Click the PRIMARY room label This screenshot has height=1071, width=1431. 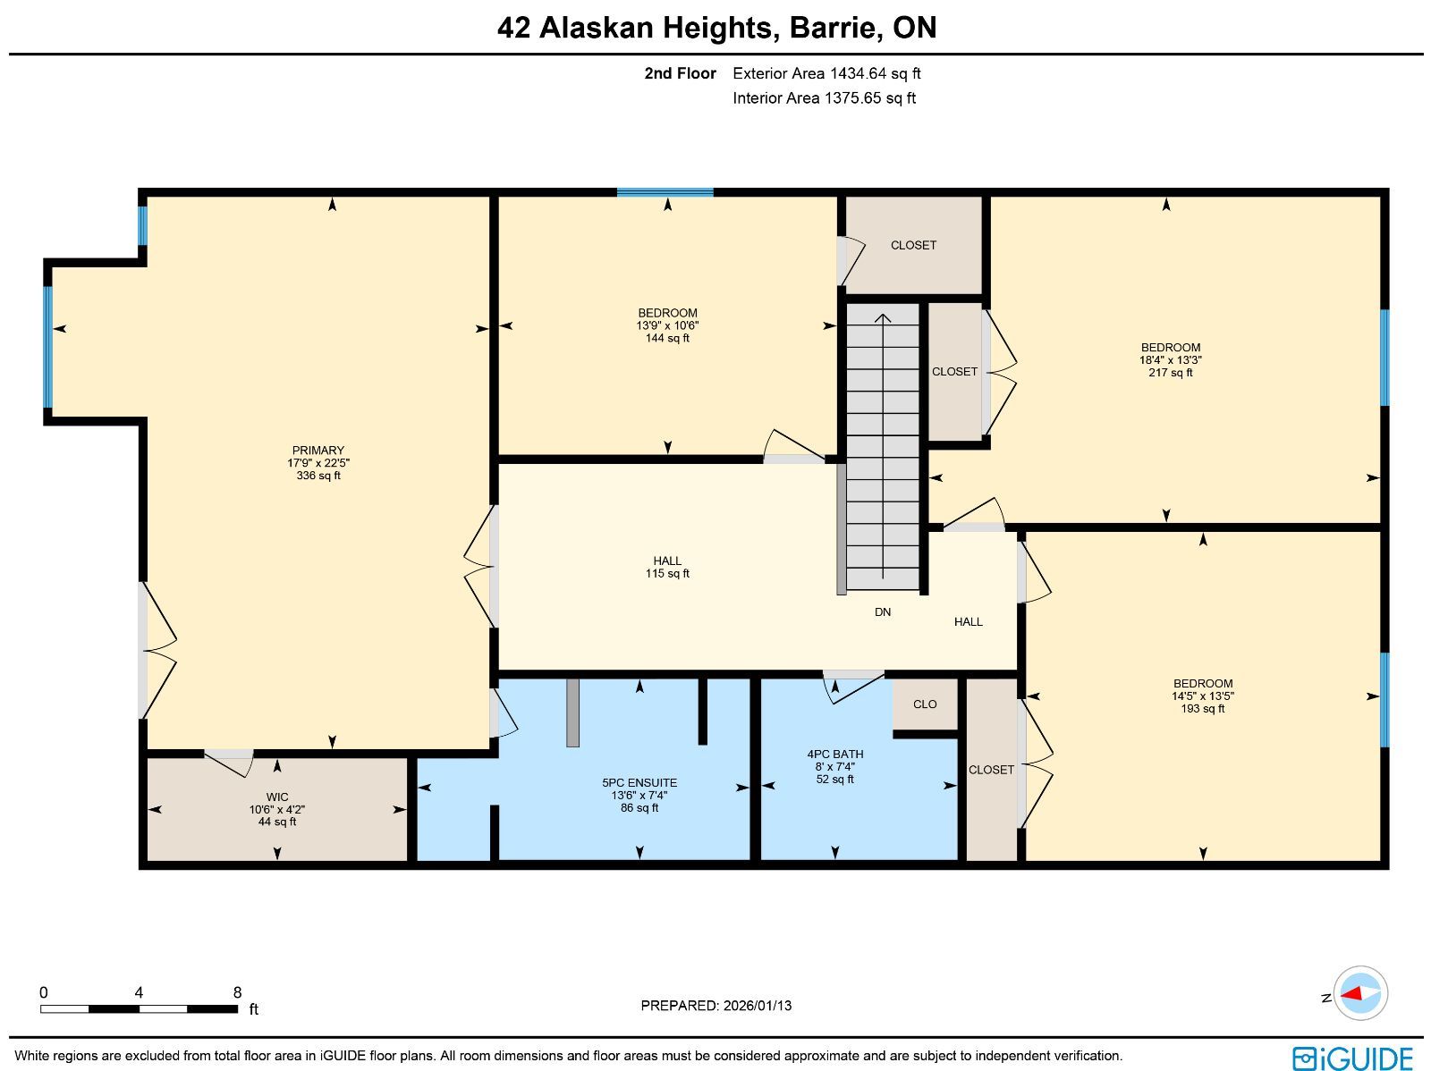(x=318, y=451)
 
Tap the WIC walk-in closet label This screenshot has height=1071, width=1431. (x=277, y=797)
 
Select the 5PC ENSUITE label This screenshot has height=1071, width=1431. (x=639, y=782)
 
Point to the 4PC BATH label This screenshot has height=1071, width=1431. (x=835, y=754)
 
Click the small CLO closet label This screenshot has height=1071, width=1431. (x=925, y=704)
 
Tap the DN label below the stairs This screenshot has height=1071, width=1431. (x=883, y=611)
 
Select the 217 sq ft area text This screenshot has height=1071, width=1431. (x=1170, y=373)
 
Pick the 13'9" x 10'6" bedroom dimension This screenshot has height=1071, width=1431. (x=667, y=325)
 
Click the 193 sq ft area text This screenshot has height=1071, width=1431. (x=1203, y=708)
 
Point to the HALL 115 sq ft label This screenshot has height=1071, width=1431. (x=667, y=567)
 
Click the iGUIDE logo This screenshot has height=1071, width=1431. (x=1352, y=1057)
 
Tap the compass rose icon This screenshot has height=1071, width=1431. (x=1360, y=993)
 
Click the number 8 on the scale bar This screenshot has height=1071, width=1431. (x=237, y=992)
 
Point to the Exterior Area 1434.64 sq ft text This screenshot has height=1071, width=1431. (x=826, y=73)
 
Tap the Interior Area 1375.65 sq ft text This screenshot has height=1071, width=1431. (x=824, y=98)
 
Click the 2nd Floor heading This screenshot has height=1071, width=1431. (x=680, y=73)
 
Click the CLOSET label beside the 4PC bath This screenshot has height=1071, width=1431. (x=991, y=770)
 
